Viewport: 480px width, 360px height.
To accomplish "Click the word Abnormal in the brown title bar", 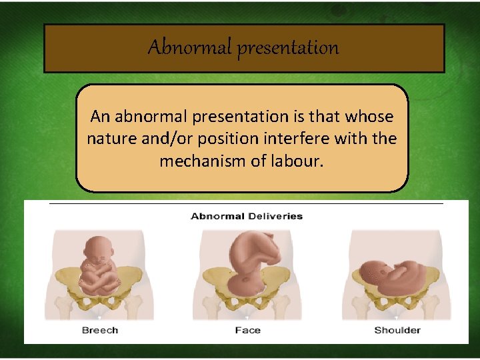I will (190, 48).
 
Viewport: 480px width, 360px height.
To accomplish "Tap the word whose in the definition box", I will (369, 117).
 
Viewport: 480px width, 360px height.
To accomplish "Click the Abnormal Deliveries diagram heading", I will (247, 216).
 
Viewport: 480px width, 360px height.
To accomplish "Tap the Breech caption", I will (100, 330).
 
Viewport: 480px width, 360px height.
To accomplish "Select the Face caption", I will (247, 330).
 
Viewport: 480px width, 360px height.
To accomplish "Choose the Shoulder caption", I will (397, 330).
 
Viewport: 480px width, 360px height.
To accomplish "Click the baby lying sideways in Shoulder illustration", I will (397, 273).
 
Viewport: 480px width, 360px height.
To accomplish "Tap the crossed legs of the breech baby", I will (100, 283).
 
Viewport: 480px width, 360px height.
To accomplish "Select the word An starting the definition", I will (99, 117).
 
